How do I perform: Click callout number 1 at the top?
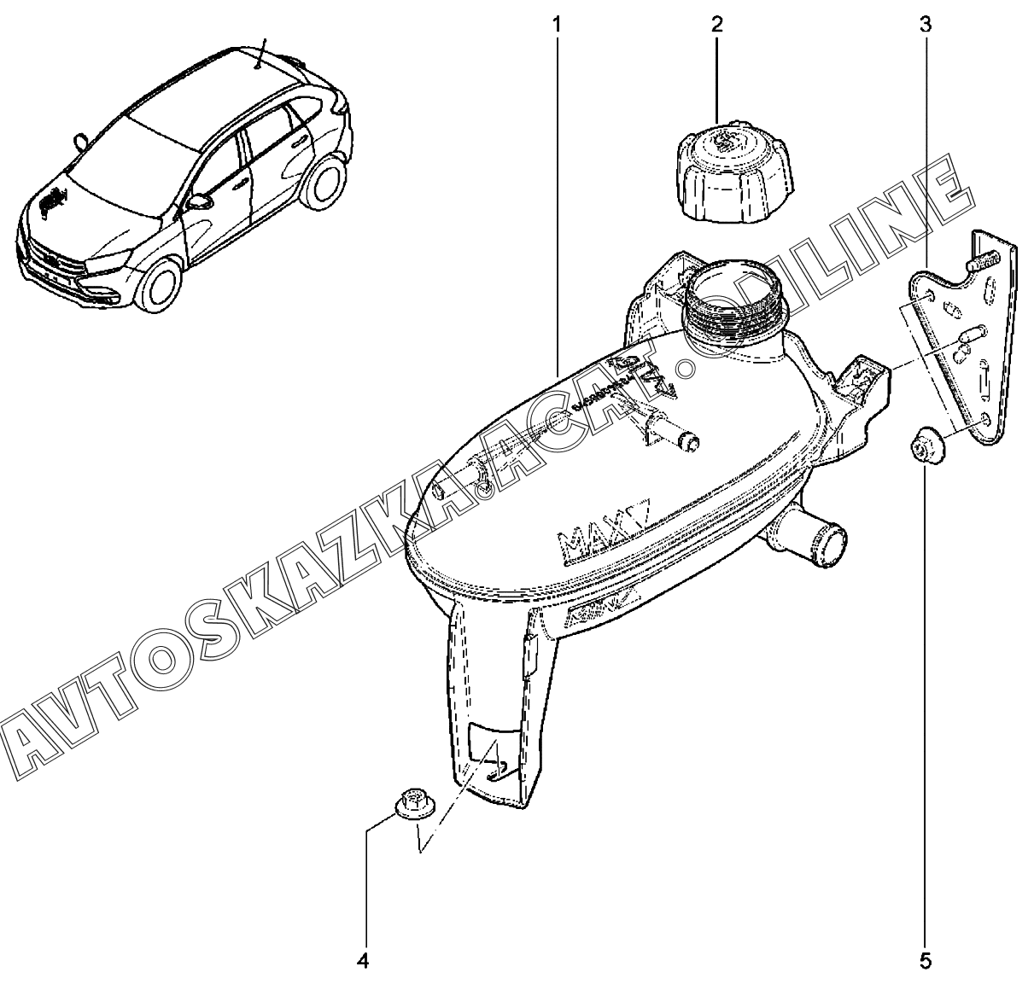tap(557, 23)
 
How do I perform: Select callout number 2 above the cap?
tap(716, 23)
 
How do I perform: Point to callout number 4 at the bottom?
tap(362, 961)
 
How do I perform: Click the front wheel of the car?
tap(162, 283)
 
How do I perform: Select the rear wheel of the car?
tap(327, 181)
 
